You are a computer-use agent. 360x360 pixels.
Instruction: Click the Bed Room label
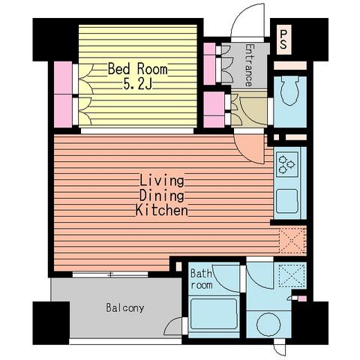click(137, 69)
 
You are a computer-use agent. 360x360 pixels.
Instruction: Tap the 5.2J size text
click(137, 84)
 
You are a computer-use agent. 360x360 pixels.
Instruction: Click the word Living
click(162, 181)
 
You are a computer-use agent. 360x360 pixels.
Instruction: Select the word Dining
click(162, 196)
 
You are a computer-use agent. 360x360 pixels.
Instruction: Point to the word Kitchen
click(162, 210)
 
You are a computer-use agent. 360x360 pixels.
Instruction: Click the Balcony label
click(125, 307)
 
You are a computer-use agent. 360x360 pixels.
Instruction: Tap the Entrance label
click(249, 65)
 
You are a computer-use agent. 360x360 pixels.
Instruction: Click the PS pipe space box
click(283, 39)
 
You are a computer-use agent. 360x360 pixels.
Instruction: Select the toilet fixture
click(290, 91)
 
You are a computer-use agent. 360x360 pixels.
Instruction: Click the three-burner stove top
click(287, 164)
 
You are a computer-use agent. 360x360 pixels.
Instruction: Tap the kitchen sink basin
click(287, 201)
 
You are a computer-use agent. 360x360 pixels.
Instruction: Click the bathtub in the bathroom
click(214, 314)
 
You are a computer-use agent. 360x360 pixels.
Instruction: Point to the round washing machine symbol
click(268, 324)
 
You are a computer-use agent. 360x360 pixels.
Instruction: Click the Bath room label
click(201, 279)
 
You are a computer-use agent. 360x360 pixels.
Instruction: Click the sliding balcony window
click(110, 274)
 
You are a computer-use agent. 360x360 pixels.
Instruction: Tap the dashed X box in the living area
click(292, 241)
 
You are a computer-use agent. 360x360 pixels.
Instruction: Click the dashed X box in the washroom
click(292, 276)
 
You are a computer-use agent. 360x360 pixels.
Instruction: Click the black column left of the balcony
click(51, 322)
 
